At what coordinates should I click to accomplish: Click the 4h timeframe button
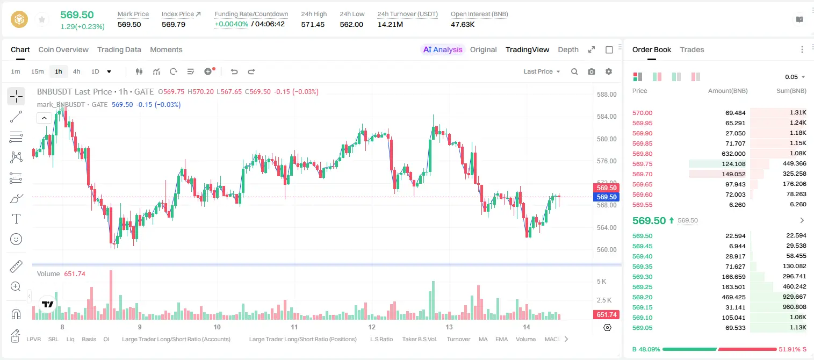coord(76,71)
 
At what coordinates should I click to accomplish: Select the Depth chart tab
coord(568,49)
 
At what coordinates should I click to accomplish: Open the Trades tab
coord(692,49)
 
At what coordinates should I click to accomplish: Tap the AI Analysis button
coord(443,49)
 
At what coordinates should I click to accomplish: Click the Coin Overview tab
coord(63,49)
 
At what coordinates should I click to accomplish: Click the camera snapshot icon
coord(592,71)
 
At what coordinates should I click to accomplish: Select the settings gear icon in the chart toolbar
coord(609,71)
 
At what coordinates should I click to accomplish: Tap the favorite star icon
coord(42,19)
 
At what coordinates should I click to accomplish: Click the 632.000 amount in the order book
coord(733,154)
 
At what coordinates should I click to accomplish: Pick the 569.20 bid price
coord(642,297)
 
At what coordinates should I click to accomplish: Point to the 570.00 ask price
coord(642,113)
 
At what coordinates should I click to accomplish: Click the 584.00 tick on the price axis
coord(607,117)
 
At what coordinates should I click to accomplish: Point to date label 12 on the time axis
coord(371,327)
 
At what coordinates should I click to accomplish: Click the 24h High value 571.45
coord(313,24)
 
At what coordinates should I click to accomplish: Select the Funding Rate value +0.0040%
coord(231,24)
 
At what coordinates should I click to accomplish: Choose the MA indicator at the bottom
coord(483,339)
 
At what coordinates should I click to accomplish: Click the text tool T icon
coord(16,219)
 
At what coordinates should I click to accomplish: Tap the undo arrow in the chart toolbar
coord(234,71)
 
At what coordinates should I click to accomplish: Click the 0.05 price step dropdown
coord(795,77)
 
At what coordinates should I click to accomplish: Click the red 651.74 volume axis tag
coord(606,314)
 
